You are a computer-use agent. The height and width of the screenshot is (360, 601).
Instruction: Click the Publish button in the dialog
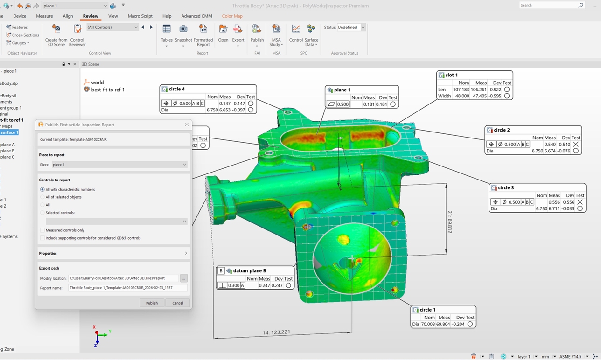pyautogui.click(x=152, y=303)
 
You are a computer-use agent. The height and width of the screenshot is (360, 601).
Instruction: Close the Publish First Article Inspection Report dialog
pyautogui.click(x=187, y=125)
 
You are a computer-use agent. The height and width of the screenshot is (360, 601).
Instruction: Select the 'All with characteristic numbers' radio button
pyautogui.click(x=43, y=189)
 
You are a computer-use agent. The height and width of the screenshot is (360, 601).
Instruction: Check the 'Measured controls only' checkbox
pyautogui.click(x=43, y=230)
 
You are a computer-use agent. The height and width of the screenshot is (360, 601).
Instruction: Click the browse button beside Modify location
pyautogui.click(x=184, y=278)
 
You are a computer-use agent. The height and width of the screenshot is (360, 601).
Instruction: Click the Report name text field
pyautogui.click(x=127, y=288)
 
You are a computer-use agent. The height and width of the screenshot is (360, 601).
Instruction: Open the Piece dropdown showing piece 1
pyautogui.click(x=119, y=165)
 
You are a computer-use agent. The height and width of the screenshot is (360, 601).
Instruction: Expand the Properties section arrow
pyautogui.click(x=186, y=253)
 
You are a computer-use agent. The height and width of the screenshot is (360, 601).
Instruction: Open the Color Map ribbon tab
pyautogui.click(x=232, y=16)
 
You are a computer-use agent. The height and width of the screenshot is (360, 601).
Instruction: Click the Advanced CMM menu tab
pyautogui.click(x=196, y=16)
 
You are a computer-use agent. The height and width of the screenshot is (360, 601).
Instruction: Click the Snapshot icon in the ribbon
pyautogui.click(x=183, y=29)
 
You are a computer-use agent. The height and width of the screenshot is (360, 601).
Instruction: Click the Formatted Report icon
pyautogui.click(x=203, y=29)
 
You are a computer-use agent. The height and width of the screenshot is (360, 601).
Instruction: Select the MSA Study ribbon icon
pyautogui.click(x=276, y=29)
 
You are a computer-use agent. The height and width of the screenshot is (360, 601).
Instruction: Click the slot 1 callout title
pyautogui.click(x=451, y=75)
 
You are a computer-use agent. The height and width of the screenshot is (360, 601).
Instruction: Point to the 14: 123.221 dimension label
pyautogui.click(x=276, y=332)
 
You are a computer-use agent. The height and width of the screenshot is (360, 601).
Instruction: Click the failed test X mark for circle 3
pyautogui.click(x=580, y=202)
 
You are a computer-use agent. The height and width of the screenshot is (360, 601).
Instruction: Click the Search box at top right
pyautogui.click(x=548, y=5)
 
